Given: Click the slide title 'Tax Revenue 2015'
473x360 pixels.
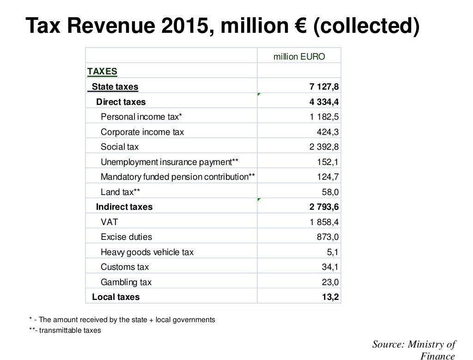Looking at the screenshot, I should pos(222,26).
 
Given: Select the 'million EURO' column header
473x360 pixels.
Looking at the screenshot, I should pos(299,56).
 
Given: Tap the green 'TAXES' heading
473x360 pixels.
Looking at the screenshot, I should pos(102,72).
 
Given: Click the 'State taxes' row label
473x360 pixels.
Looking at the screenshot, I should pos(115,86).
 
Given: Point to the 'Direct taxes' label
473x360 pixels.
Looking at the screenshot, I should pos(121,102).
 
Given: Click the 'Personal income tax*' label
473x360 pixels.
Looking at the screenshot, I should pos(141,116).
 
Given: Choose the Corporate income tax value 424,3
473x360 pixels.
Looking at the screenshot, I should pos(327,132).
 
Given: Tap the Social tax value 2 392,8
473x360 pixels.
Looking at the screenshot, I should pos(324,147).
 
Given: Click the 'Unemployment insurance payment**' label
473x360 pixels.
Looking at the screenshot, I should pos(170,162).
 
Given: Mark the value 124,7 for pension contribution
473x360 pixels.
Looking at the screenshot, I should pos(327,177).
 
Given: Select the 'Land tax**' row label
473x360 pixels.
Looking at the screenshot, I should pos(121,192).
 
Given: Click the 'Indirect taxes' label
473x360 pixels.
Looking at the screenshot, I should pos(124,207).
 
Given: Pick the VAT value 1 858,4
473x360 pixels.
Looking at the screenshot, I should pos(324,222).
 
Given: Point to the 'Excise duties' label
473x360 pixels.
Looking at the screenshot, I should pos(126,237).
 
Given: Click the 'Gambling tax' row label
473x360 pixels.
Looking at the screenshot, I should pos(126,282).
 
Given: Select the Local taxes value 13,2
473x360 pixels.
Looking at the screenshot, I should pos(330,297).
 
